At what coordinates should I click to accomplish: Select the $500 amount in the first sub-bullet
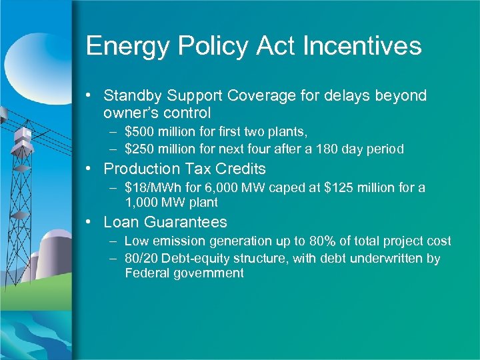click(138, 132)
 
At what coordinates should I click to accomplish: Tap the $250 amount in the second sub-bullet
click(138, 149)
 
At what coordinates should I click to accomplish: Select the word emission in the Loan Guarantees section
click(176, 241)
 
